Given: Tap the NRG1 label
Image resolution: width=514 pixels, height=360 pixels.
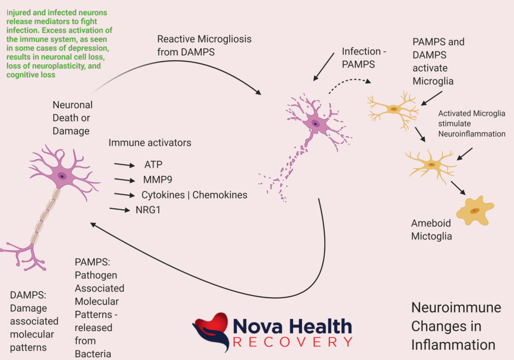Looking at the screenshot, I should tap(149, 210).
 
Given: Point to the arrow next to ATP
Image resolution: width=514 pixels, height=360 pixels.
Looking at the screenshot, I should tap(124, 165).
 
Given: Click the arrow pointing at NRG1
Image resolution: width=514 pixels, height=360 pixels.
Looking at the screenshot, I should tap(120, 209).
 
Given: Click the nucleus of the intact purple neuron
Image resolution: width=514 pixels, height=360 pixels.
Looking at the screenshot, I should tap(62, 176).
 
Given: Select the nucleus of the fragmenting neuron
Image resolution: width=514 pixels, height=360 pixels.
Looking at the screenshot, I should tap(315, 124).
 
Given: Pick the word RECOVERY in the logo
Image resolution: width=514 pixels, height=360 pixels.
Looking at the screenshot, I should tap(292, 342).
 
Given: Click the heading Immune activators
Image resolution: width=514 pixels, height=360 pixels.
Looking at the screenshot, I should tap(150, 143).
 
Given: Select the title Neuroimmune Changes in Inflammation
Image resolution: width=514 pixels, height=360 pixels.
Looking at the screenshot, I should tap(456, 326).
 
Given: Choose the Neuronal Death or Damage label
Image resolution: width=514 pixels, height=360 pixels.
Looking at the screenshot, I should tap(72, 118).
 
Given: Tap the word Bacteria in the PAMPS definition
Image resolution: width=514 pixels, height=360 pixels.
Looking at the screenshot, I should tap(93, 354).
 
